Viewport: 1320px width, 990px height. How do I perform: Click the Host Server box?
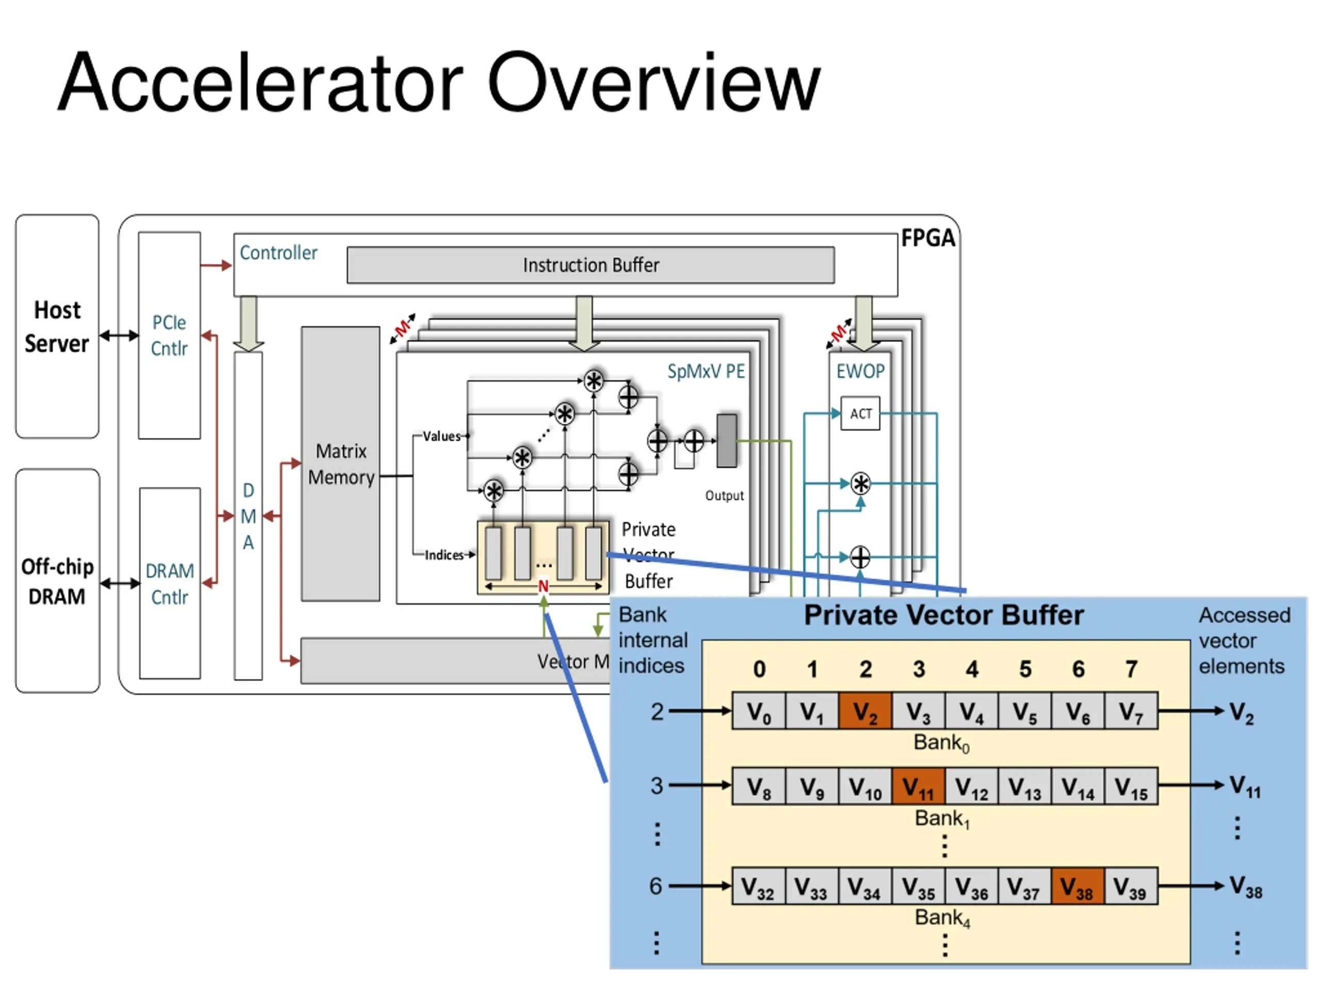(57, 326)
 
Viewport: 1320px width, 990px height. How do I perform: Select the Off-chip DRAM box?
(57, 581)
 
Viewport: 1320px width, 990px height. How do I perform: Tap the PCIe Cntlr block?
(170, 335)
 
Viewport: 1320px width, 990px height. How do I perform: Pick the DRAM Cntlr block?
(170, 583)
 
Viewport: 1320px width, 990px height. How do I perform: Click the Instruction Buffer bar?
(590, 265)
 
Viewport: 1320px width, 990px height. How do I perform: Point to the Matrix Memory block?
(341, 464)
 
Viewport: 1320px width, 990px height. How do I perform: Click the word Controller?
(278, 253)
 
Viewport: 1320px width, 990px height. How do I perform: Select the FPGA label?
(927, 238)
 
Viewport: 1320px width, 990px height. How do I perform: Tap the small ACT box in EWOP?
(860, 414)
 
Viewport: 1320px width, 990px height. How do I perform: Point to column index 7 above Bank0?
(1131, 669)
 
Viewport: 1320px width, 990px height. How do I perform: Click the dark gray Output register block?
(726, 440)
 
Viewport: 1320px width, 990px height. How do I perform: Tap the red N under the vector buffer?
(543, 586)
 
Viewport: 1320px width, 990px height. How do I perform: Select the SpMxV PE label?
(706, 371)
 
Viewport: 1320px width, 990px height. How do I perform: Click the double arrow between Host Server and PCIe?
(119, 335)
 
